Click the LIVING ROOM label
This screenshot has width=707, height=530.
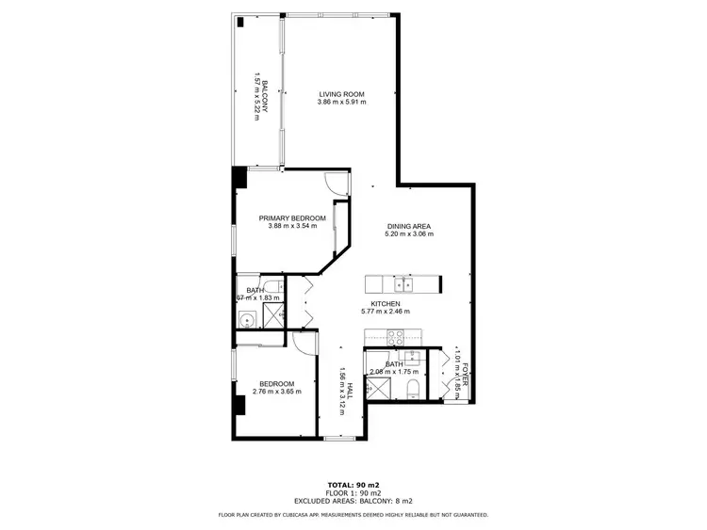click(x=341, y=94)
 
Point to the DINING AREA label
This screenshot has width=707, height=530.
click(x=409, y=226)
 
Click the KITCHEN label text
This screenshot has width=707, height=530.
click(x=386, y=303)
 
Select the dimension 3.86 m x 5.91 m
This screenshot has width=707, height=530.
click(x=341, y=103)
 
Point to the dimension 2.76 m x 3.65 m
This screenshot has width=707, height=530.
click(x=277, y=391)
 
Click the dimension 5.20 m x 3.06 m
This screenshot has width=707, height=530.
click(x=409, y=234)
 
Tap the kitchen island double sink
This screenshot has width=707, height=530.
click(x=403, y=281)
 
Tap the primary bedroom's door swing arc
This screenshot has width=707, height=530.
click(x=336, y=183)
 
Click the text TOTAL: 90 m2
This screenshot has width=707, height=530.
click(x=353, y=485)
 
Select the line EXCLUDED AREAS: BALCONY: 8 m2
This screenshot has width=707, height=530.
click(x=353, y=502)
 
